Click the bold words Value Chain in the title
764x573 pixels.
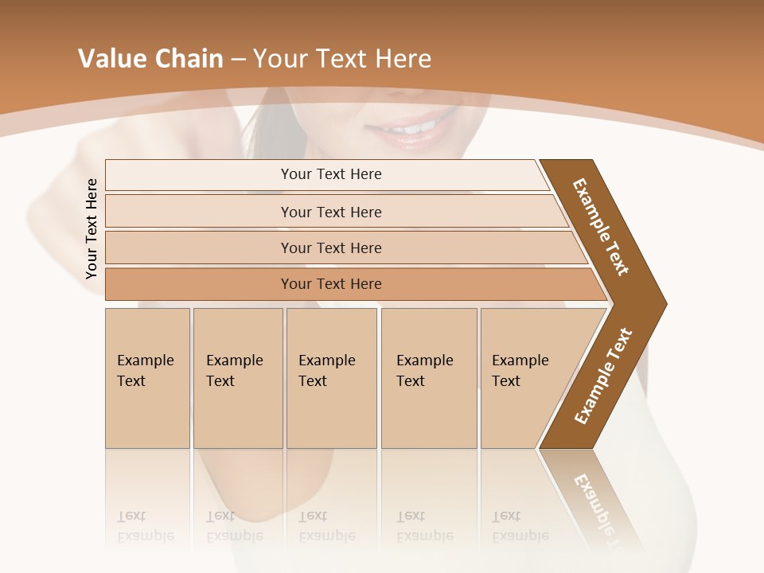pos(150,59)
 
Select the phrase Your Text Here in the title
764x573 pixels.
pos(342,59)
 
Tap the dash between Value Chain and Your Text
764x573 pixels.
pos(238,60)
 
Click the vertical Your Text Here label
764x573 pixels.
pos(92,229)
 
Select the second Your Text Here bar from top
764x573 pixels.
pos(331,212)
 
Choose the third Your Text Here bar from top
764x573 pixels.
pos(331,248)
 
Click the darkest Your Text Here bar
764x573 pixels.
pos(331,284)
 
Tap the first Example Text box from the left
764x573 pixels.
pos(147,378)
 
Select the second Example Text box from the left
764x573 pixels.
pos(237,378)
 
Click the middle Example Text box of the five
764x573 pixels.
pos(331,378)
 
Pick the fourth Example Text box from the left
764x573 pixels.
pos(428,378)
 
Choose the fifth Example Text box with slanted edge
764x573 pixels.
pos(525,378)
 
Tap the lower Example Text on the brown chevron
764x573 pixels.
pos(603,376)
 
